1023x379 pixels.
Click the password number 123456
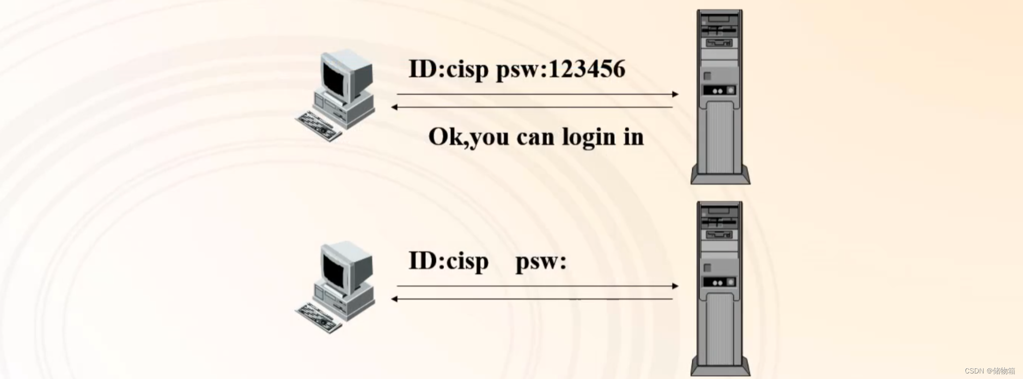coord(586,69)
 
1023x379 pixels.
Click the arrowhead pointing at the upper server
coord(675,94)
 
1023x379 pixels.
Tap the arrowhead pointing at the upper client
coord(395,107)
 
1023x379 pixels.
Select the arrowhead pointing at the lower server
coord(675,286)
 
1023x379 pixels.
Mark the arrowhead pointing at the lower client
coord(395,299)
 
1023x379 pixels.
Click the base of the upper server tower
coord(721,177)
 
